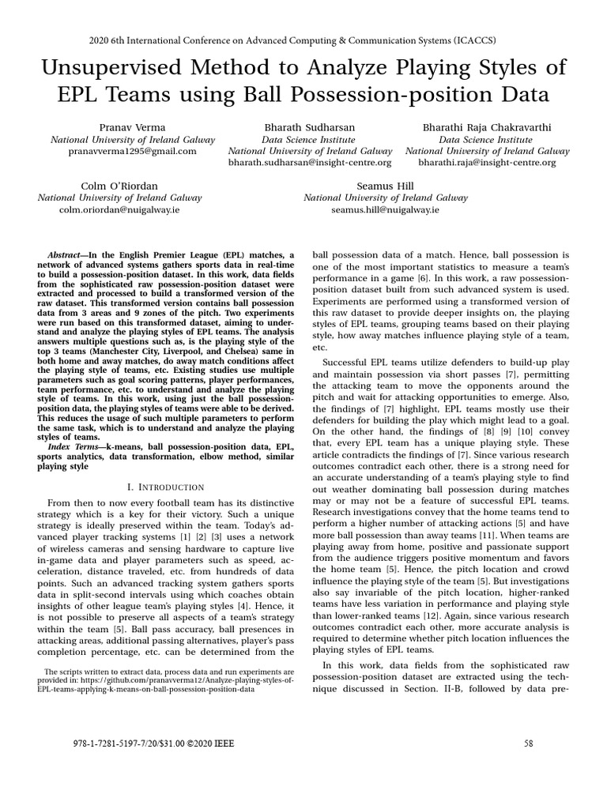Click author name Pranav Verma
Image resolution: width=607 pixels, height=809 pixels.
pos(133,127)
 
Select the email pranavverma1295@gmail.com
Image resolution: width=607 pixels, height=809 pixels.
pos(133,151)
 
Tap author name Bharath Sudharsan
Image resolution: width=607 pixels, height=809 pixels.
pos(310,127)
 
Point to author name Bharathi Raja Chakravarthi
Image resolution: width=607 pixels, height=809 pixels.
pos(487,127)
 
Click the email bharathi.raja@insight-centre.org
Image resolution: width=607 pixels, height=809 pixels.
pos(487,163)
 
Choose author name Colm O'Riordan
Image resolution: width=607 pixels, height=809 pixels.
pos(120,186)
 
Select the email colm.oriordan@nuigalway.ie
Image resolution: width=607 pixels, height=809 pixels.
pos(120,210)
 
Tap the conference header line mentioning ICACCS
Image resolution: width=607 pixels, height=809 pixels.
pos(303,40)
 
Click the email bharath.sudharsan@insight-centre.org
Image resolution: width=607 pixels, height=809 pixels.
pos(310,163)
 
